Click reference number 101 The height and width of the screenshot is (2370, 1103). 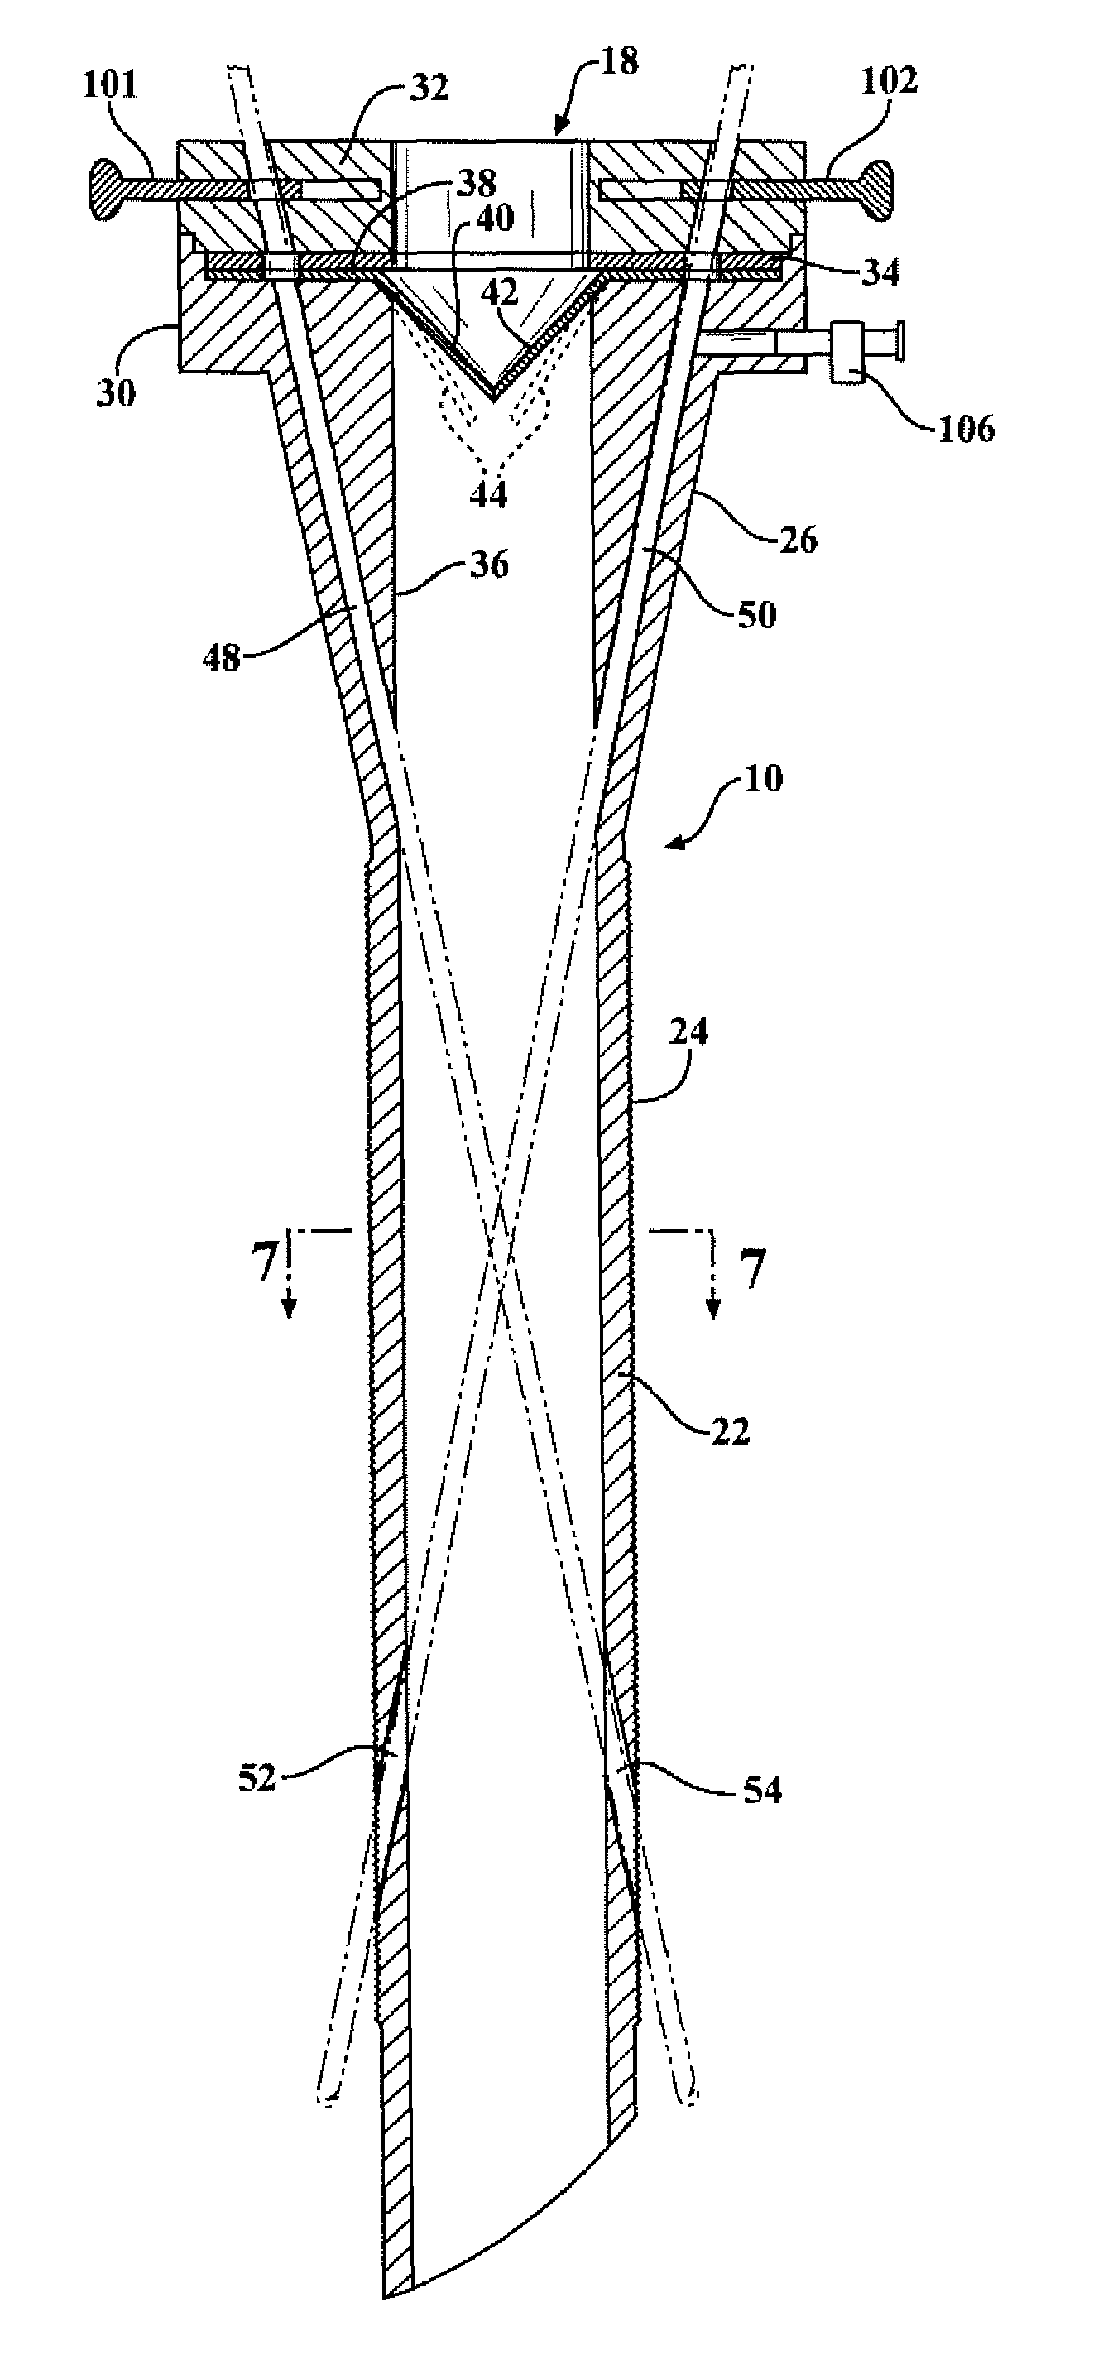(109, 85)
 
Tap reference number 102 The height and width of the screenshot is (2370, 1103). (889, 81)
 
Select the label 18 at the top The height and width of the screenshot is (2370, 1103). (618, 64)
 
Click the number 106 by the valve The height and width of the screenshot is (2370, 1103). (965, 429)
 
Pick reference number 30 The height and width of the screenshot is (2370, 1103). (115, 393)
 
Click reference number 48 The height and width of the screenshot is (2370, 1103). (222, 657)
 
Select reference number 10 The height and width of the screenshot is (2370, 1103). (763, 778)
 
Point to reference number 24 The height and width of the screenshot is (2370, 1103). (689, 1032)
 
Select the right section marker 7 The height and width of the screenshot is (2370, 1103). (751, 1270)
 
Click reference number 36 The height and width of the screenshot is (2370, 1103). (488, 564)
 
